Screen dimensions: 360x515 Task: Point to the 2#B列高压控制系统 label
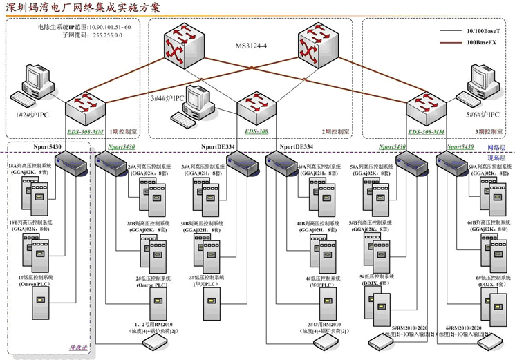click(x=148, y=227)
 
